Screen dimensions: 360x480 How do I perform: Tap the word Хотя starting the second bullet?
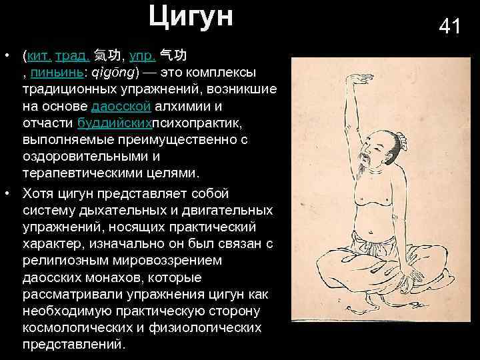coord(39,193)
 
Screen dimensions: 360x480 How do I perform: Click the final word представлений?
coord(73,345)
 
